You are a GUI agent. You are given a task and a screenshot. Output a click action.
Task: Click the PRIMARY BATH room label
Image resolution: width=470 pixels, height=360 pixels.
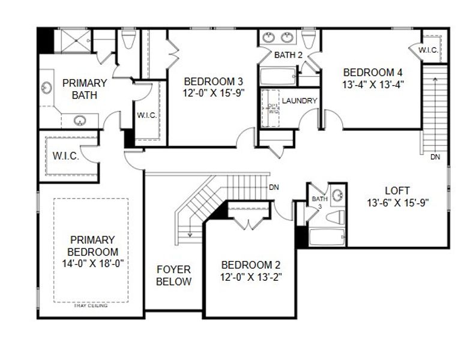(x=85, y=89)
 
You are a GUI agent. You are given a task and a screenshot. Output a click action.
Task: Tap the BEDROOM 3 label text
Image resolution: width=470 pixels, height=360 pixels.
(x=205, y=82)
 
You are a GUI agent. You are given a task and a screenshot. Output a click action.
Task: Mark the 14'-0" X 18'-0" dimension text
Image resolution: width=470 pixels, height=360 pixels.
(x=93, y=262)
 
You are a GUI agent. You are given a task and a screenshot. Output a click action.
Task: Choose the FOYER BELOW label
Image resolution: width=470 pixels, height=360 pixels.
(x=174, y=275)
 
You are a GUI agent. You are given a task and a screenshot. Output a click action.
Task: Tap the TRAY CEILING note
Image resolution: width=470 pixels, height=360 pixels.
(x=91, y=306)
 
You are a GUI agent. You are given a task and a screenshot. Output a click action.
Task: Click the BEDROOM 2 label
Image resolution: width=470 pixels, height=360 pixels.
(x=250, y=265)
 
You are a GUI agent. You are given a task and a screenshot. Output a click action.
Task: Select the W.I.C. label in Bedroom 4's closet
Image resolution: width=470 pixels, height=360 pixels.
(x=428, y=49)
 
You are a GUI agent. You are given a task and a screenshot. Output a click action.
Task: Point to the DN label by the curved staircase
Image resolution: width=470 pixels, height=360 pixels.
(x=274, y=187)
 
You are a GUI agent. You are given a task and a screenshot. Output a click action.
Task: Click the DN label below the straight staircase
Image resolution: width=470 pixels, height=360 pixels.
(x=435, y=157)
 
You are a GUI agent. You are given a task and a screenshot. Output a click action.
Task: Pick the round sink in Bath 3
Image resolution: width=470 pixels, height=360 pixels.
(x=339, y=194)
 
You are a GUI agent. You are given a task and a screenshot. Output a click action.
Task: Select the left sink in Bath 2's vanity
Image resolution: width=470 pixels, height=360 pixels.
(x=268, y=38)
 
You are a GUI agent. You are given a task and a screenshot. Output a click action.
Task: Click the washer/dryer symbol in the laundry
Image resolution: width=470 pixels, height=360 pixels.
(x=273, y=108)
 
